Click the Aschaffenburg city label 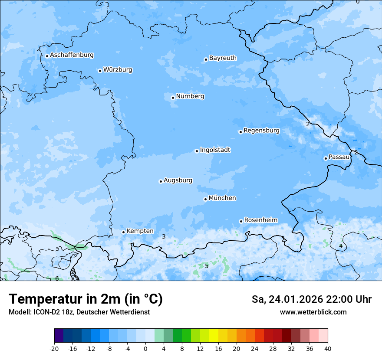tap(72, 55)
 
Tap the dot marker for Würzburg tap(100, 71)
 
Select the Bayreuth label tap(223, 58)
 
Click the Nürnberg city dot tap(173, 98)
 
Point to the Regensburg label tap(261, 131)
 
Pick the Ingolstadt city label tap(215, 150)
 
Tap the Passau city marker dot tap(326, 158)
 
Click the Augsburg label tap(178, 180)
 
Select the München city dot tap(205, 199)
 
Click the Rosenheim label tap(260, 220)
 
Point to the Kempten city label tap(140, 231)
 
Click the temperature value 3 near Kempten tap(164, 236)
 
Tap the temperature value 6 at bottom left tap(57, 278)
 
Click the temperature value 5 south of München tap(207, 266)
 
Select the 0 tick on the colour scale tap(145, 349)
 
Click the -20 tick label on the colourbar tap(54, 349)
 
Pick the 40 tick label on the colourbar tap(328, 349)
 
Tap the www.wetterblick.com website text tap(313, 312)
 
